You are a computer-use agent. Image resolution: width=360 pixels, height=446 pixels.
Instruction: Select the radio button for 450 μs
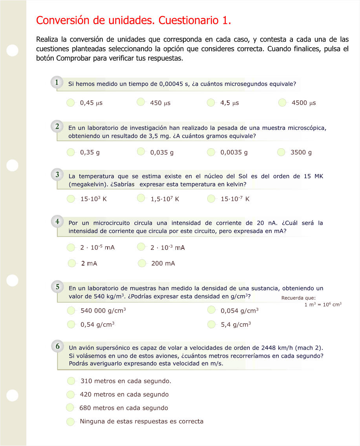tap(141, 102)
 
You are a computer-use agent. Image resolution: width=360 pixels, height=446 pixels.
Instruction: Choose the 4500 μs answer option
tap(282, 103)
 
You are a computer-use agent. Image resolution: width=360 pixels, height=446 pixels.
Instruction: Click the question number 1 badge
tap(57, 82)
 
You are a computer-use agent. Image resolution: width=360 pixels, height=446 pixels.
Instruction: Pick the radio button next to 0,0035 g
tap(211, 152)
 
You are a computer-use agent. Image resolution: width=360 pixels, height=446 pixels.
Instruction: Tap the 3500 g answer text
tap(301, 152)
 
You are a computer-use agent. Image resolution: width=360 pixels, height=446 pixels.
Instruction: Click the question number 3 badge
tap(57, 175)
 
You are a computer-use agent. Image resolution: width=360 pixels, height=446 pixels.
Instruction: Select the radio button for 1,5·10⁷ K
tap(141, 198)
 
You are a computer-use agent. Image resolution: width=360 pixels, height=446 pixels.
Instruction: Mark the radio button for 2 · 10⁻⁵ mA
tap(71, 247)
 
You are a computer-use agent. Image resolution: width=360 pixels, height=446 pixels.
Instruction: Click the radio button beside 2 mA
tap(72, 263)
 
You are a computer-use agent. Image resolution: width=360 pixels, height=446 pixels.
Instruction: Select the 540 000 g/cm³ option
tap(71, 311)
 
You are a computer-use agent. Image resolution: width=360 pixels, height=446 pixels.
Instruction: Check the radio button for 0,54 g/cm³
tap(71, 324)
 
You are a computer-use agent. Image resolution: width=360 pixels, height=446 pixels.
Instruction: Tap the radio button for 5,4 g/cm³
tap(212, 324)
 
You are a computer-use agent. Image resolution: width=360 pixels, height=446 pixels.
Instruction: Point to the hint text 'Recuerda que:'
tap(296, 298)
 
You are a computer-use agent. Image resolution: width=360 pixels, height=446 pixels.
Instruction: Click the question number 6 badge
tap(57, 346)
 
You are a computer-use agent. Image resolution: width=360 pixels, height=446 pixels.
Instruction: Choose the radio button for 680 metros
tap(70, 408)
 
